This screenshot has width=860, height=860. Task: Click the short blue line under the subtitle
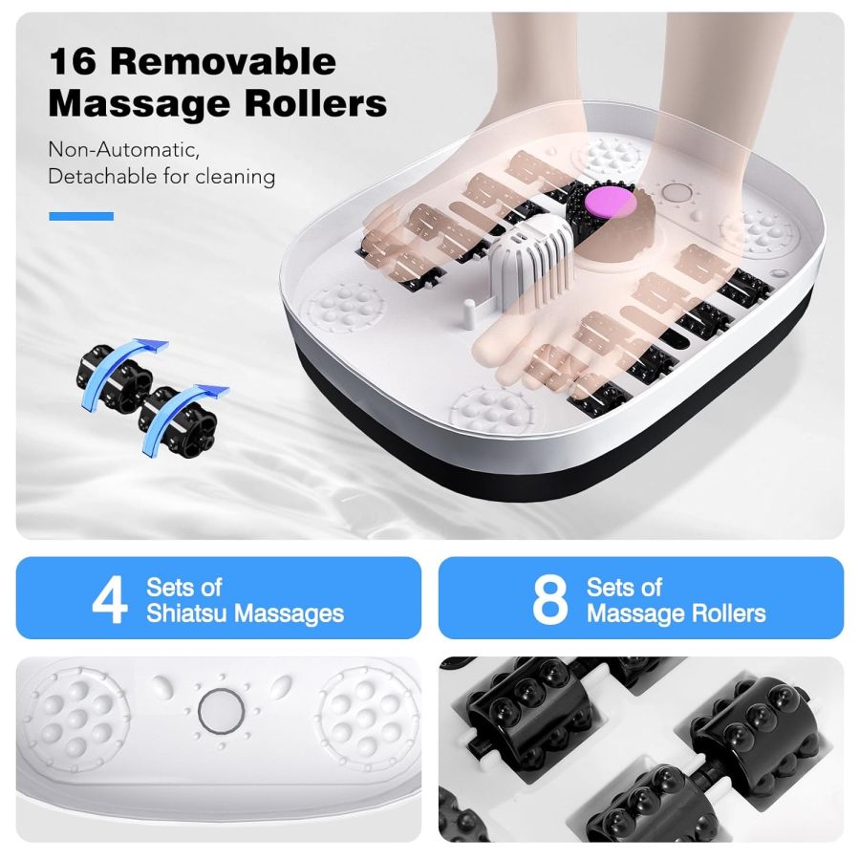[81, 217]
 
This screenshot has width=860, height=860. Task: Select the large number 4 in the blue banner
[110, 599]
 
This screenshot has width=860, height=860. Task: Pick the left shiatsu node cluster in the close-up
[76, 712]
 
